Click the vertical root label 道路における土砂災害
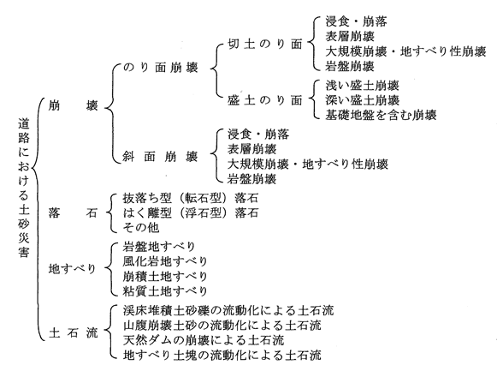point(24,188)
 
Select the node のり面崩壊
point(160,68)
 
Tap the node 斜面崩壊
point(160,157)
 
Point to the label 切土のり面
point(265,45)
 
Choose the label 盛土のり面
point(265,100)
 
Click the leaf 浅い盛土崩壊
point(363,86)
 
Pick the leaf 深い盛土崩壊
point(363,100)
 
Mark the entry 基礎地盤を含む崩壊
point(381,115)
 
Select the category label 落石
point(73,212)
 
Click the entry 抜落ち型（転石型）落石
point(191,198)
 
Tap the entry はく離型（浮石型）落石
point(191,212)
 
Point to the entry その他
point(141,227)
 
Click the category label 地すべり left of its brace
point(72,269)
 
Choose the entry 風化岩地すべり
point(165,261)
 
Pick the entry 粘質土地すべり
point(165,290)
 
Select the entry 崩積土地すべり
point(165,276)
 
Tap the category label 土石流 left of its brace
point(74,333)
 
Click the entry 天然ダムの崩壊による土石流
point(204,340)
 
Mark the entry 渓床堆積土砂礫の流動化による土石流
point(228,310)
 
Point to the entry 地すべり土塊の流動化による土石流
point(222,355)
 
